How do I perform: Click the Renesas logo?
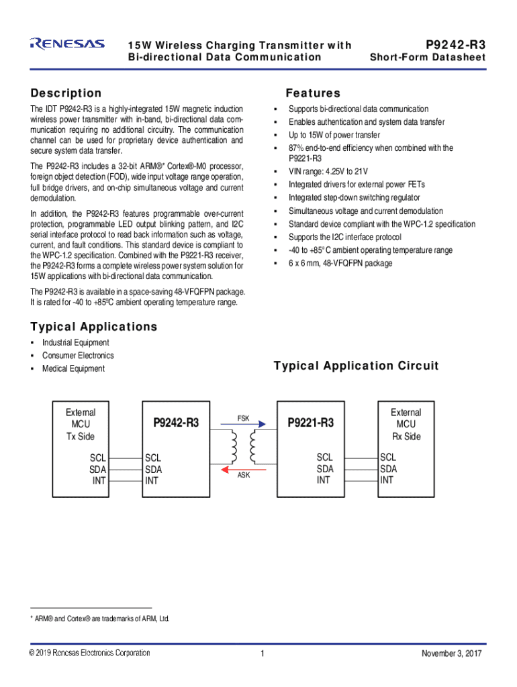coord(67,44)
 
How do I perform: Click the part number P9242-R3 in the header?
coord(452,45)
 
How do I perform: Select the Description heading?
coord(66,93)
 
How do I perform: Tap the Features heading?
coord(313,93)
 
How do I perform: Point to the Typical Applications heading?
coord(93,327)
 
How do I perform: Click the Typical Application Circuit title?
coord(356,366)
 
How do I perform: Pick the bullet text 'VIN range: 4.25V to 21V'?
coord(328,171)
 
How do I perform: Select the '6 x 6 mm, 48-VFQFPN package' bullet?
coord(340,263)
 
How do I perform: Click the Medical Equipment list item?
coord(73,368)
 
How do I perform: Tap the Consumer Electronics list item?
coord(78,356)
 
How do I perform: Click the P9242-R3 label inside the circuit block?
coord(176,423)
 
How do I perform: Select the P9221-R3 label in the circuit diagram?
coord(310,423)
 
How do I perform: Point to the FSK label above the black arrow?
coord(243,418)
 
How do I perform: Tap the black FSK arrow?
coord(242,425)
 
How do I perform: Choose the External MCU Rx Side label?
coord(406,425)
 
